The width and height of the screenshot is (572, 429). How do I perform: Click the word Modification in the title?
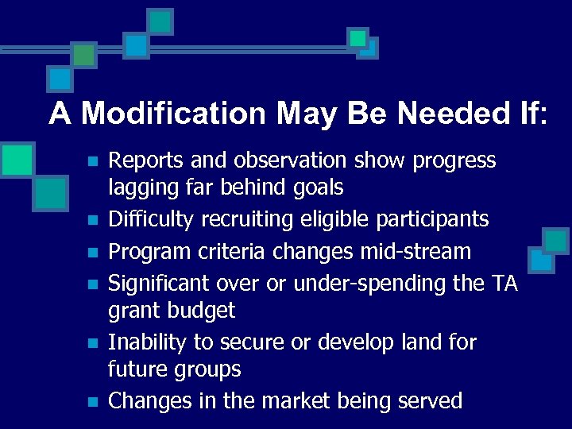[x=172, y=114]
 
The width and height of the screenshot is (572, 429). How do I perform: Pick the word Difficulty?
[x=146, y=218]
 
